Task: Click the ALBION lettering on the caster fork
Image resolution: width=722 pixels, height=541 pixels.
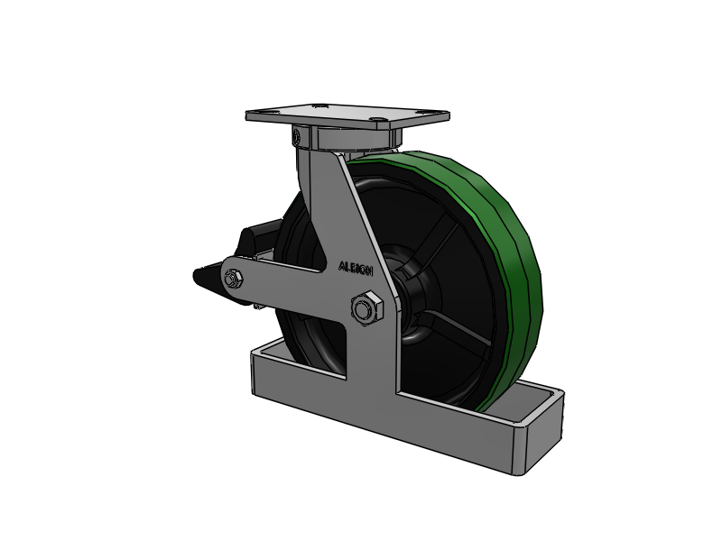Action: click(356, 269)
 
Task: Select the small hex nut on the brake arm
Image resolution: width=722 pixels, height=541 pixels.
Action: click(233, 279)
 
